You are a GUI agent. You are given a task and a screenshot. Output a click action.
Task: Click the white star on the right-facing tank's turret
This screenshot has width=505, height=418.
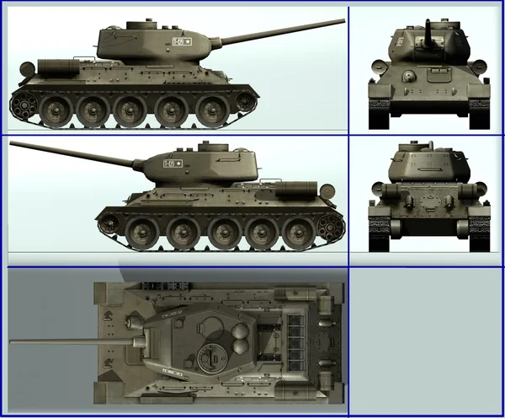189,40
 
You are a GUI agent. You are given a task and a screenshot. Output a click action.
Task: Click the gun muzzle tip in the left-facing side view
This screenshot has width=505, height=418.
12,146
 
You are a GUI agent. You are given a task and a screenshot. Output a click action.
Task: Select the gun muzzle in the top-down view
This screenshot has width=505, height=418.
13,342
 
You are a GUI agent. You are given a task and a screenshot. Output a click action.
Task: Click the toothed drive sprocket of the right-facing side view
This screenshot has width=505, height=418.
24,106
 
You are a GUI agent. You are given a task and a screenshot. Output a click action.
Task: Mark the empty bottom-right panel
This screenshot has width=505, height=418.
425,341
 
